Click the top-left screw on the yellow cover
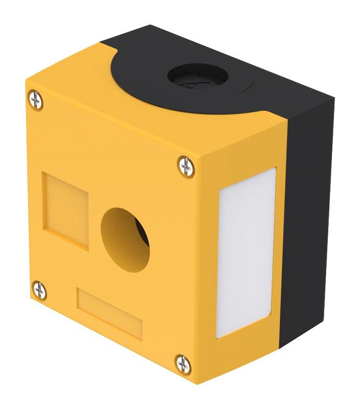coord(35,99)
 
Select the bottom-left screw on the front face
coord(39,290)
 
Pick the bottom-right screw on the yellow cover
coord(183,363)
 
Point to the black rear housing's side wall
coord(312,208)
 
